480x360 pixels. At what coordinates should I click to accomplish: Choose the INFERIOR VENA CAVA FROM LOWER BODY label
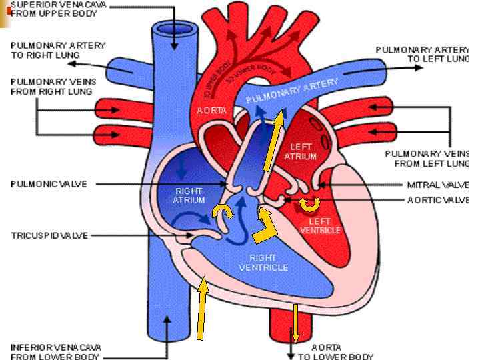[56, 351]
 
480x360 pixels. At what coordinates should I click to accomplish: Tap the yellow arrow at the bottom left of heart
[201, 310]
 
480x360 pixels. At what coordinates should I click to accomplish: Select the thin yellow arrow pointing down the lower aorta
[295, 325]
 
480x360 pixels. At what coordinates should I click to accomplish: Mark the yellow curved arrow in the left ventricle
[309, 204]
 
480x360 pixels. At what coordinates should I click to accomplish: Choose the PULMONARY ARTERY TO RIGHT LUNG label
[57, 49]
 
